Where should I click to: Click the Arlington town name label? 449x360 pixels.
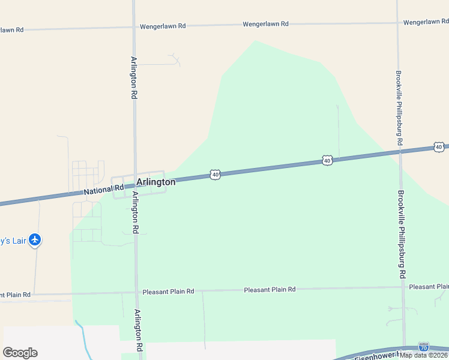click(155, 182)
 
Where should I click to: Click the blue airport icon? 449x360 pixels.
click(35, 241)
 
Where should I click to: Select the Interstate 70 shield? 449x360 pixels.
click(424, 347)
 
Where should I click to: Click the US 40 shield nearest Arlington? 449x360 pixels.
click(215, 174)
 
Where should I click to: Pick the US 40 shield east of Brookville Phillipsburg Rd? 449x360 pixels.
click(439, 147)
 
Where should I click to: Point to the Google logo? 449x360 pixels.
click(20, 353)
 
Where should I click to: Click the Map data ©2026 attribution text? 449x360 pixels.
click(423, 355)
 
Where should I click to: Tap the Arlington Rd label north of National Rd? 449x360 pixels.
click(133, 78)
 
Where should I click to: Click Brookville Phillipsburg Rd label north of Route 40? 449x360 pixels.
click(399, 108)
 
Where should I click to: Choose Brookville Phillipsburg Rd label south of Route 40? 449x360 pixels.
click(402, 234)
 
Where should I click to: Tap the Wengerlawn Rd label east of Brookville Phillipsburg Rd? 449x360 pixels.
click(426, 22)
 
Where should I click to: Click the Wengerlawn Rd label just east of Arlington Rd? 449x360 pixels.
click(163, 26)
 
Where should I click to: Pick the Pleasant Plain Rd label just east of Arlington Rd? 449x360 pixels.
click(168, 292)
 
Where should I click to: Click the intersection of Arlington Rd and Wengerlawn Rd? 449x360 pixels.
click(134, 27)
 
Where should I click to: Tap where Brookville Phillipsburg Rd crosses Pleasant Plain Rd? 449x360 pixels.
click(403, 287)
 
